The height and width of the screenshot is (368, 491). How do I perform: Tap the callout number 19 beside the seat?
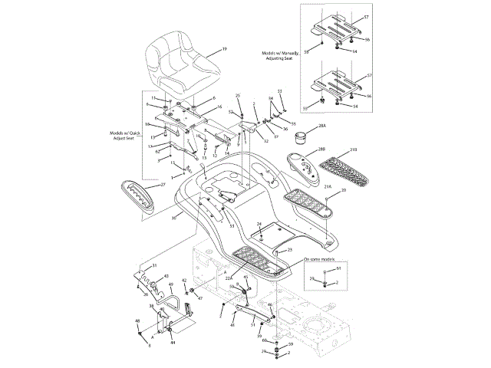(224, 49)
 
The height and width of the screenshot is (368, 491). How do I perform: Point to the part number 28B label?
(321, 149)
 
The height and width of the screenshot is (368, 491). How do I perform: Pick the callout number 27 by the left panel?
(162, 185)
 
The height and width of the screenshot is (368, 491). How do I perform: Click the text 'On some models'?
(321, 259)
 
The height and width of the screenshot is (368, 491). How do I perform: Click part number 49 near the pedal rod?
(171, 284)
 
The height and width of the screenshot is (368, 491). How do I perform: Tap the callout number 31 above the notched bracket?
(153, 265)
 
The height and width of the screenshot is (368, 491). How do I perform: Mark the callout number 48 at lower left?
(137, 320)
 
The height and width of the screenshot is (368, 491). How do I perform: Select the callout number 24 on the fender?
(259, 223)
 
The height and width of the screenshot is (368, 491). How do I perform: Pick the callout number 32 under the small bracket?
(266, 140)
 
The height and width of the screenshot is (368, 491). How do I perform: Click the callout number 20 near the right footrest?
(343, 189)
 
